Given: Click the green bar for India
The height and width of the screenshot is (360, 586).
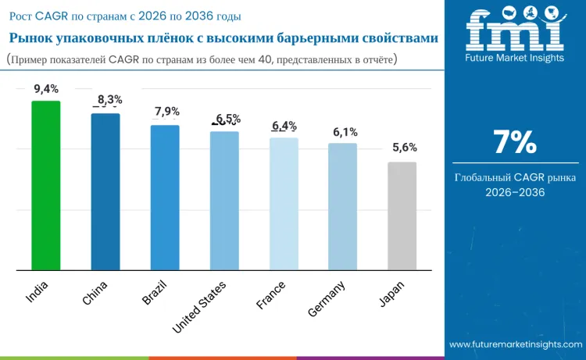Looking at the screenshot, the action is point(45,185).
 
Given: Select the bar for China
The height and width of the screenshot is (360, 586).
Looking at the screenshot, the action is point(105,191).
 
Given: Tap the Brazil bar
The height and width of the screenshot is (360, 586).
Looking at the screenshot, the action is point(165,198).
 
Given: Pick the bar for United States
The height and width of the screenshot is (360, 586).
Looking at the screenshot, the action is point(224,201).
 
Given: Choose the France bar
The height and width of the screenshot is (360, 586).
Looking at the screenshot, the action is point(284,204).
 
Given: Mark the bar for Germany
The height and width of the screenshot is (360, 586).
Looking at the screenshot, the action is point(343,206).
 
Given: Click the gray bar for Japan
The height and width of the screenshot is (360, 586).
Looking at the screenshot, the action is point(402,216).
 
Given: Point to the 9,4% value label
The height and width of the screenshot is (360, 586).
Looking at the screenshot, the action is point(46,89).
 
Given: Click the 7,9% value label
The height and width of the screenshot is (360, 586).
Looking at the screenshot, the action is point(167,112).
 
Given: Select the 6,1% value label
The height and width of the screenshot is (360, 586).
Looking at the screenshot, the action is point(345,132).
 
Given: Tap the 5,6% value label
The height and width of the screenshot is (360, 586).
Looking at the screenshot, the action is point(405,148).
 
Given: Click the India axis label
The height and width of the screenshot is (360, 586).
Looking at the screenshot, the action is point(37,291).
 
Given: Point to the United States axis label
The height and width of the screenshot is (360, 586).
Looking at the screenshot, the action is point(199,307).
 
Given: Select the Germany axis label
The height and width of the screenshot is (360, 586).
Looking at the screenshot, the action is point(327,299).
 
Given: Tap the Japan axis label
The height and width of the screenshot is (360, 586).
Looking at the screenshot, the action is point(391,294).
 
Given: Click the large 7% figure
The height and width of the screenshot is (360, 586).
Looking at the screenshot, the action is point(515,142).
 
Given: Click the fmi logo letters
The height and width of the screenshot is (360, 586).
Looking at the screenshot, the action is point(515,30).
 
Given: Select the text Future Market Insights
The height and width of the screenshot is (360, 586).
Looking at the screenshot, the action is point(515,58).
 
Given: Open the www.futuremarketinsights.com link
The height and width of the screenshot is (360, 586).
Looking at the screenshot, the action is point(516,344).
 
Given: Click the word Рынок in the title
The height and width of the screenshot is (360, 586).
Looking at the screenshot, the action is point(31,38).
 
